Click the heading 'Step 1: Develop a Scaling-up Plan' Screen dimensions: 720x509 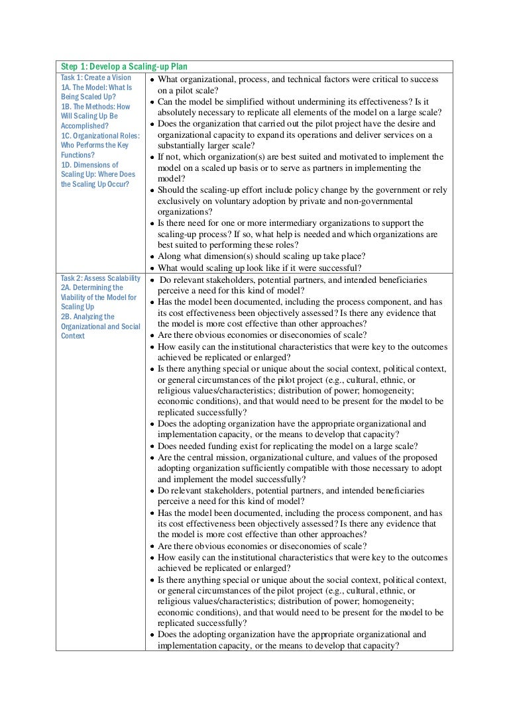click(x=124, y=67)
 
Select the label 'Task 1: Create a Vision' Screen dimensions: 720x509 click(x=96, y=77)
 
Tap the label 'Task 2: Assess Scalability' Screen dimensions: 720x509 click(x=101, y=278)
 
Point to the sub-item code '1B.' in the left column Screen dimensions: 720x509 click(x=66, y=107)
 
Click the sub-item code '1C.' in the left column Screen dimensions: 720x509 click(x=66, y=136)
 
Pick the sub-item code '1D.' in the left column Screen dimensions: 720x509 click(x=66, y=165)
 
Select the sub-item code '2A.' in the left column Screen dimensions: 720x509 click(x=66, y=288)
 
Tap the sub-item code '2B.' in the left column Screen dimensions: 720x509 click(x=66, y=317)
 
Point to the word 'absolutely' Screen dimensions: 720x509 click(x=178, y=113)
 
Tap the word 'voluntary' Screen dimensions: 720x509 click(x=223, y=201)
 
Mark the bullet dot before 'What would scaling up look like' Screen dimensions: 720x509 click(x=152, y=268)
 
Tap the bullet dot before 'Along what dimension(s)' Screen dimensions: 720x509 click(x=152, y=257)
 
